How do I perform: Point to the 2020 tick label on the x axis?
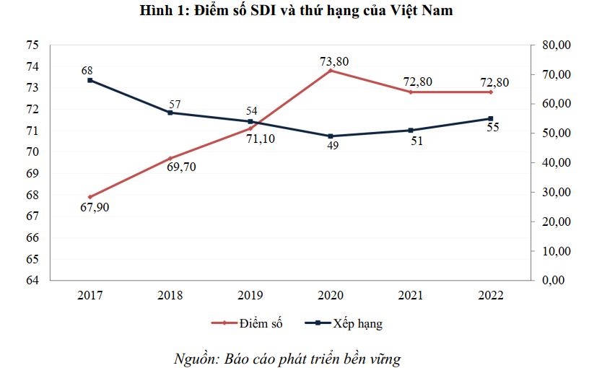[330, 295]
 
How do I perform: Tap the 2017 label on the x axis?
[90, 295]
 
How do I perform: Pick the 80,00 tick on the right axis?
[555, 45]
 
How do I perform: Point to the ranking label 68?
[87, 70]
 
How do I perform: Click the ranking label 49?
[333, 146]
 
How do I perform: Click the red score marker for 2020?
[331, 71]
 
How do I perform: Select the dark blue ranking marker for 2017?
[90, 80]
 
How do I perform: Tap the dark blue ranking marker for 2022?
[491, 118]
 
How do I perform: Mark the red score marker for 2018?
[170, 158]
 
